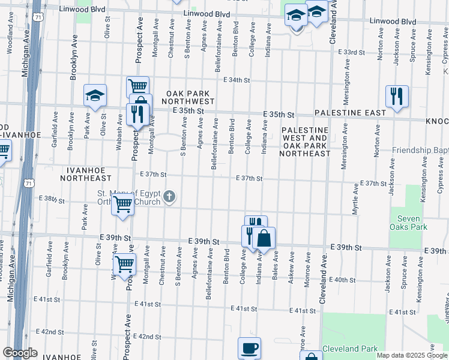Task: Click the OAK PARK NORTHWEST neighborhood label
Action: pos(190,98)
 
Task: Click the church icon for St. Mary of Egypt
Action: pos(170,196)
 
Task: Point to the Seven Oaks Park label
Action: pos(408,223)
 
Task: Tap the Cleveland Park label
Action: pos(350,349)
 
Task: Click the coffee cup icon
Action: pos(249,348)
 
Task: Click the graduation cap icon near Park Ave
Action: pos(94,95)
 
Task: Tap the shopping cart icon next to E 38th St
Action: pos(122,204)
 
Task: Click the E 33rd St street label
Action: pos(352,52)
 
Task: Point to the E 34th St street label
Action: pos(236,80)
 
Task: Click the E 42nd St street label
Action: pos(50,331)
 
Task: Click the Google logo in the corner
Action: pos(20,353)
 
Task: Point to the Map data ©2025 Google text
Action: pos(411,355)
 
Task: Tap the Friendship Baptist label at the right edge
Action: pos(420,150)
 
